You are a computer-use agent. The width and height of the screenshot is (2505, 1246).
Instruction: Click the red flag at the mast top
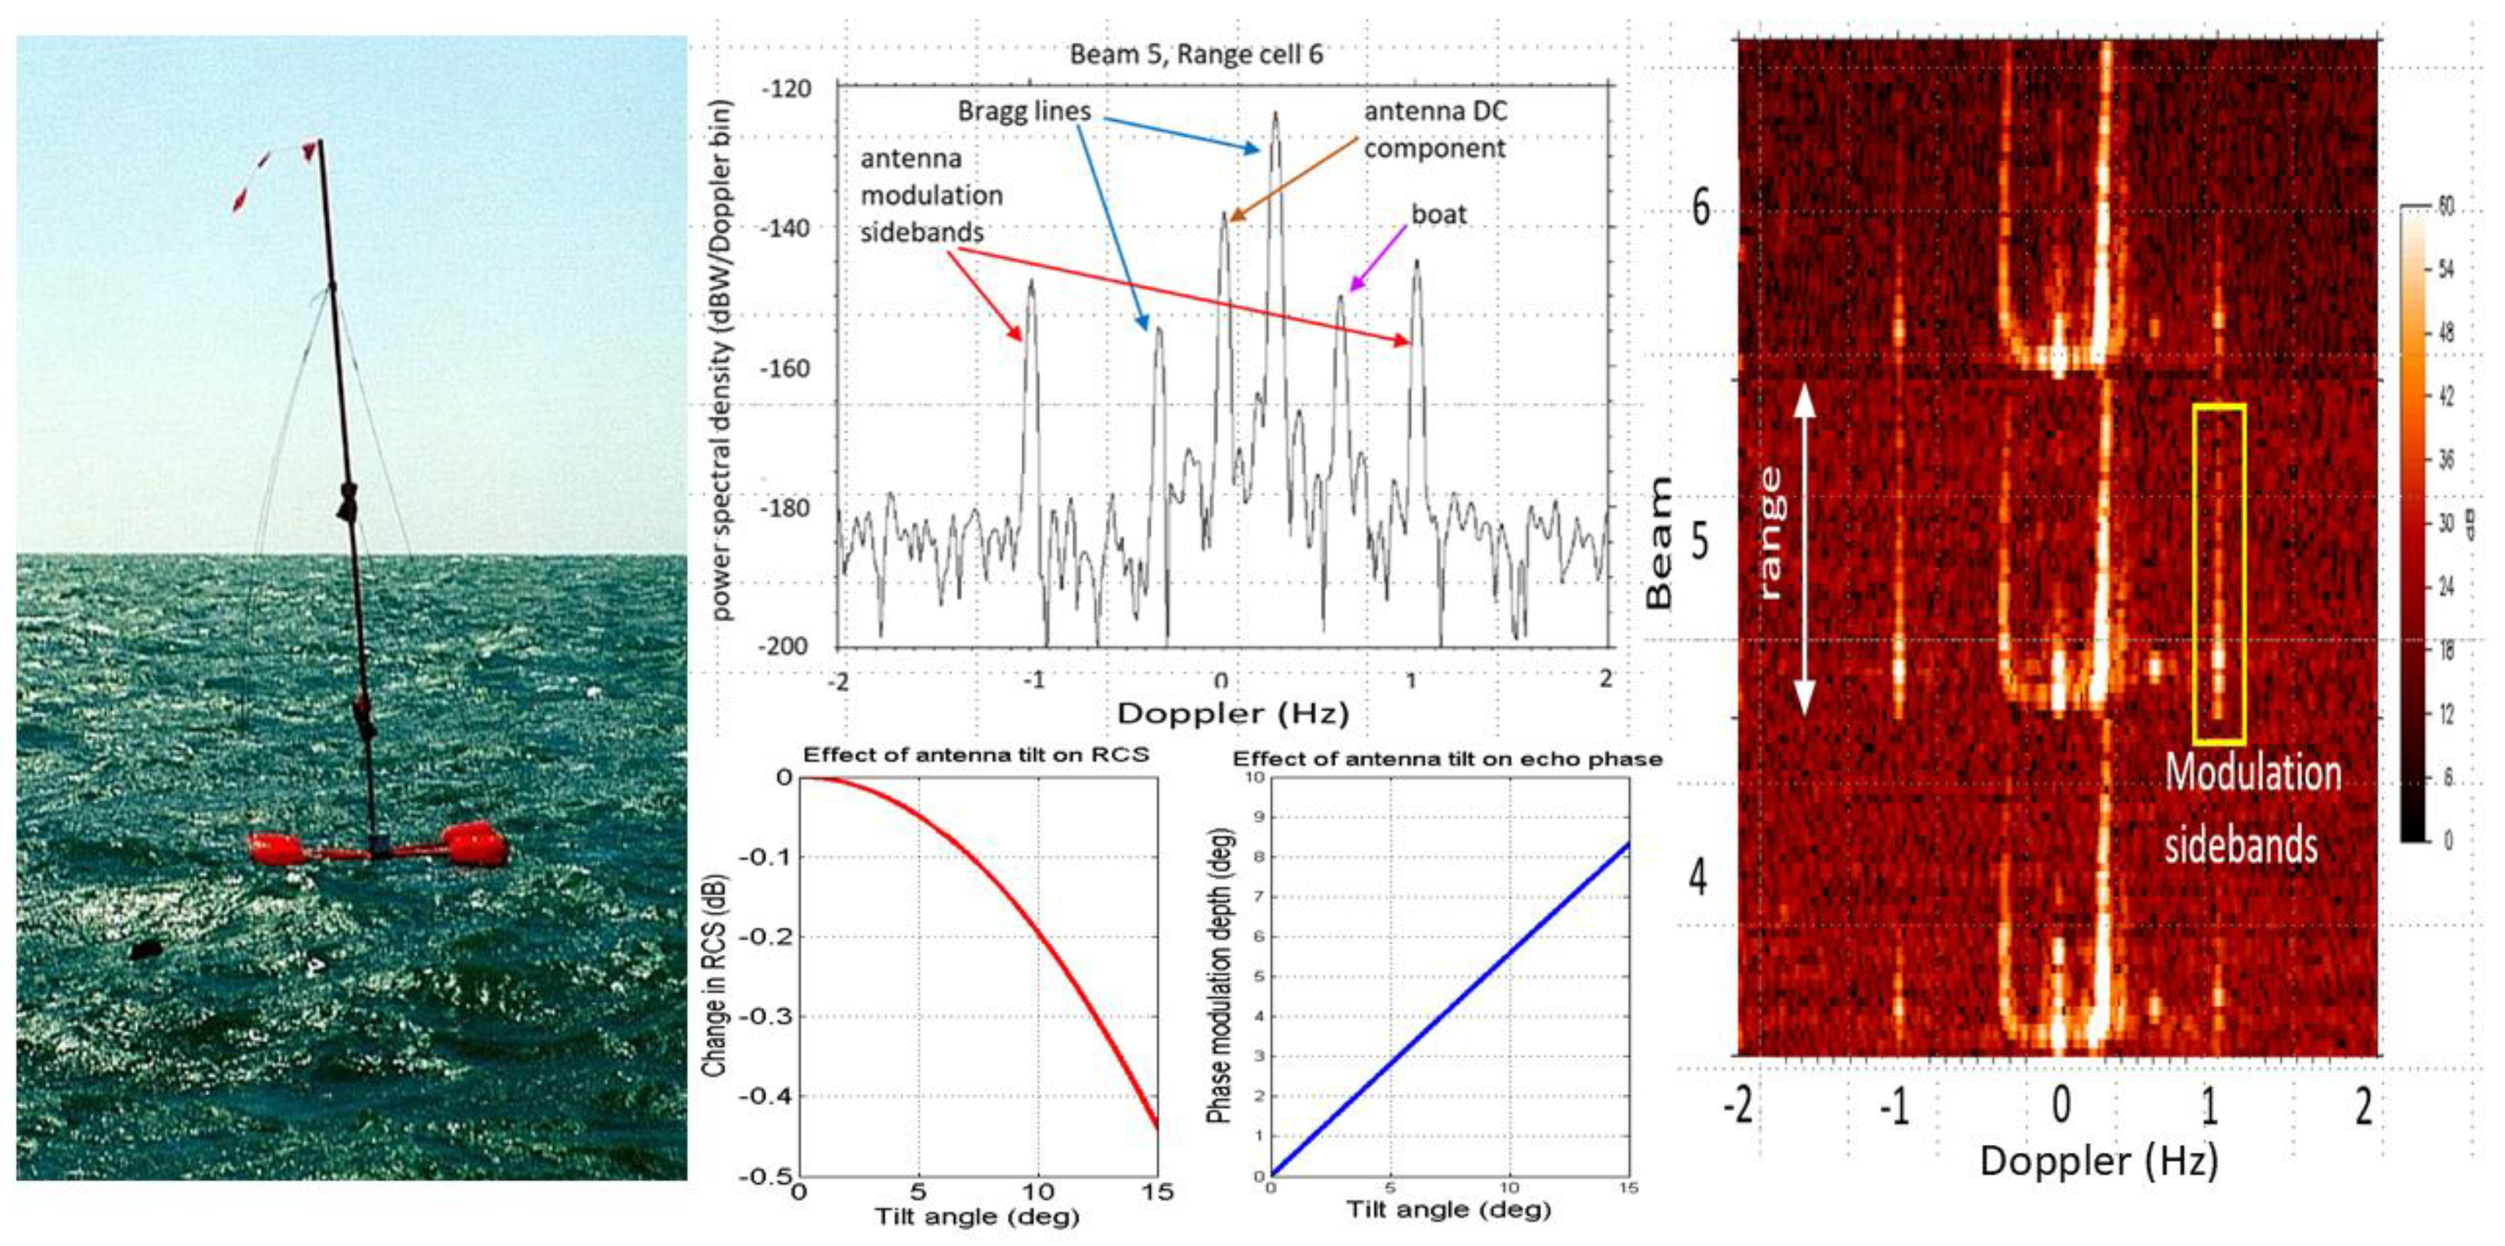pos(309,151)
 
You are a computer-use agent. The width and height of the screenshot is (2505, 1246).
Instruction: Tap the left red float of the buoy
pos(277,849)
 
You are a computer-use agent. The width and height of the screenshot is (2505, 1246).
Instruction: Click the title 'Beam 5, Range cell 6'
pos(1196,54)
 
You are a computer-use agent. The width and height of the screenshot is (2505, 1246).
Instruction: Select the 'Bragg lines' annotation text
pos(1024,112)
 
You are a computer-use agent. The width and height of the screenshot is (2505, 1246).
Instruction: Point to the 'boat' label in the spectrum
pos(1438,214)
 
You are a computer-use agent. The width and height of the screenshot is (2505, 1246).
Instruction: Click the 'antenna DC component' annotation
pos(1435,130)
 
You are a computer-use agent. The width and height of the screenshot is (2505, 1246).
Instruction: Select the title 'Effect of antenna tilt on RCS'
pos(976,755)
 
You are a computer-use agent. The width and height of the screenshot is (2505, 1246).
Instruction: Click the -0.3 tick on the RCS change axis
pos(767,1016)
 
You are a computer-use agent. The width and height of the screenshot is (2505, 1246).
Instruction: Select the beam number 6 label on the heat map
pos(1701,207)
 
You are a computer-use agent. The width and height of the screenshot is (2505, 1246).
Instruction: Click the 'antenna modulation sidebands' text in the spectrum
pos(930,195)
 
